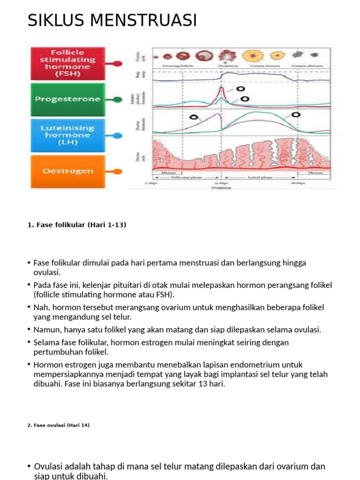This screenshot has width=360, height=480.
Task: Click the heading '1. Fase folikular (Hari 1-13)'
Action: pos(77,225)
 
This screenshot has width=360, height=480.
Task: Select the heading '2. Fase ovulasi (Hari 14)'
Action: pos(59,425)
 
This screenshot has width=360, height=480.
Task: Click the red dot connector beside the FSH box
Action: pos(117,63)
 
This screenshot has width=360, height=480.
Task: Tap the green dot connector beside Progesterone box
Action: pos(117,99)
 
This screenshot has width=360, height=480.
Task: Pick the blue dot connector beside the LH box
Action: pos(117,135)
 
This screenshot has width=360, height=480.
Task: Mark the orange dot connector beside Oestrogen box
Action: pos(117,172)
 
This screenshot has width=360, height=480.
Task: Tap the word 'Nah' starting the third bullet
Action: pos(40,307)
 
